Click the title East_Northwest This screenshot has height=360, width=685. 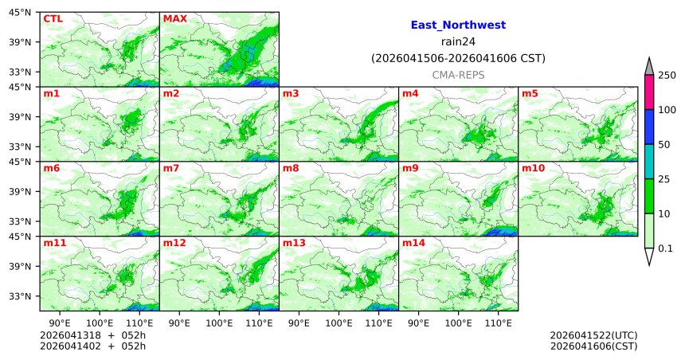[x=458, y=25]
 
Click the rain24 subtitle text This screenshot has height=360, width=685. [x=458, y=41]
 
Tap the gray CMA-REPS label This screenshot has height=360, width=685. [x=458, y=74]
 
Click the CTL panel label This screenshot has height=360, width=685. [x=53, y=18]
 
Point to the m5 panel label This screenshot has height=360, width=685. [x=530, y=94]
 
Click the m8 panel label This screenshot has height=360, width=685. [x=291, y=169]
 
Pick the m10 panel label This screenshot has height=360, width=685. [x=533, y=169]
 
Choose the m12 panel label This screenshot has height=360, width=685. [x=174, y=243]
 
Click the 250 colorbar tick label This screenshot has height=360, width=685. [x=667, y=76]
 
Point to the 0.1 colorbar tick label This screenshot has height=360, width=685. [x=666, y=248]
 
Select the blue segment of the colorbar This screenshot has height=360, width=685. [x=649, y=127]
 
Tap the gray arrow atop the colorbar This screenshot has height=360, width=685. [x=649, y=66]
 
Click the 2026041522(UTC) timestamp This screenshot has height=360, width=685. [x=593, y=335]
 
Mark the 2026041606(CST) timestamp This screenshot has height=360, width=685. [x=593, y=346]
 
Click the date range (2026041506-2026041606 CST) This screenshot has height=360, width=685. [x=458, y=58]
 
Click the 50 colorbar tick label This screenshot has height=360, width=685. [x=664, y=144]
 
